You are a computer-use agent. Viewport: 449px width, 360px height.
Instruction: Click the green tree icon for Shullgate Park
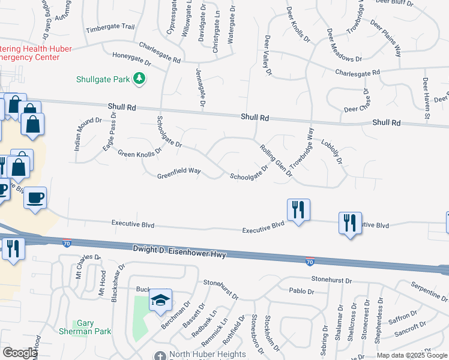[139, 79]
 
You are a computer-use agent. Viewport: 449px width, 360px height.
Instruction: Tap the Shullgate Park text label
[103, 79]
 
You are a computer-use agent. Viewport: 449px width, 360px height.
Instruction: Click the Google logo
[19, 353]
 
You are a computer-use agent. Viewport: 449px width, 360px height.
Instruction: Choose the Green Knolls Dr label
[140, 153]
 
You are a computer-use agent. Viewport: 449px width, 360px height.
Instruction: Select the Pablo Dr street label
[301, 292]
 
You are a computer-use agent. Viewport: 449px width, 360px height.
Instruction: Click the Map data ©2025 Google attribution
[412, 355]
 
